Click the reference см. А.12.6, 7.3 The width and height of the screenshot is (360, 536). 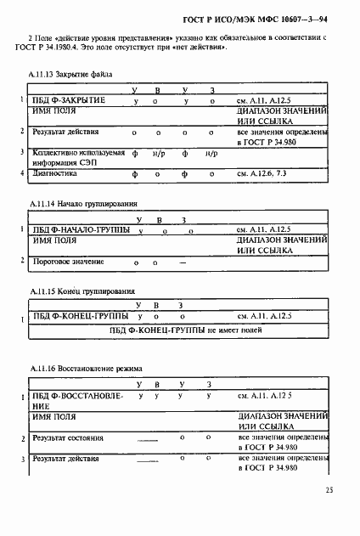click(271, 172)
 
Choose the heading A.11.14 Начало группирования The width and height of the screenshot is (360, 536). click(83, 205)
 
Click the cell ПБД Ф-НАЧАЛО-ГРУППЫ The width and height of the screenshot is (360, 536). click(81, 229)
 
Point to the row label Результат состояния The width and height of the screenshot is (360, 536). click(67, 437)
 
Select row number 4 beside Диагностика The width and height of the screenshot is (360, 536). click(22, 172)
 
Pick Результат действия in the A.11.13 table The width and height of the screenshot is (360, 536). click(65, 133)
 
